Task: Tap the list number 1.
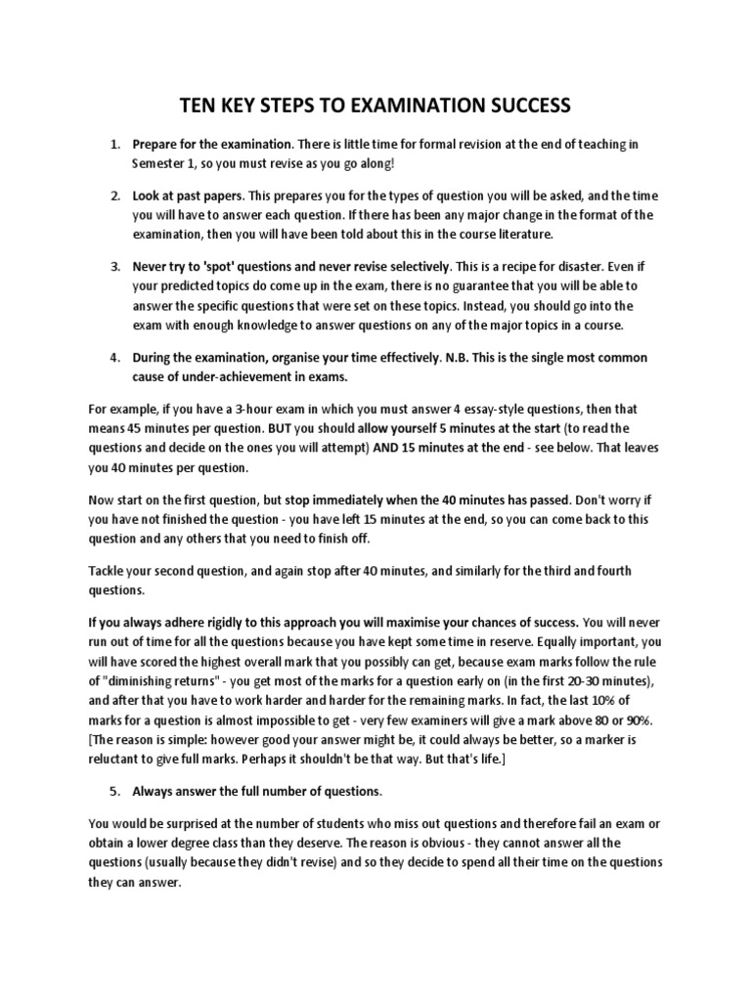pyautogui.click(x=114, y=145)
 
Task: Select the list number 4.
pyautogui.click(x=114, y=358)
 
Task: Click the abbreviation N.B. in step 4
pyautogui.click(x=458, y=358)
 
